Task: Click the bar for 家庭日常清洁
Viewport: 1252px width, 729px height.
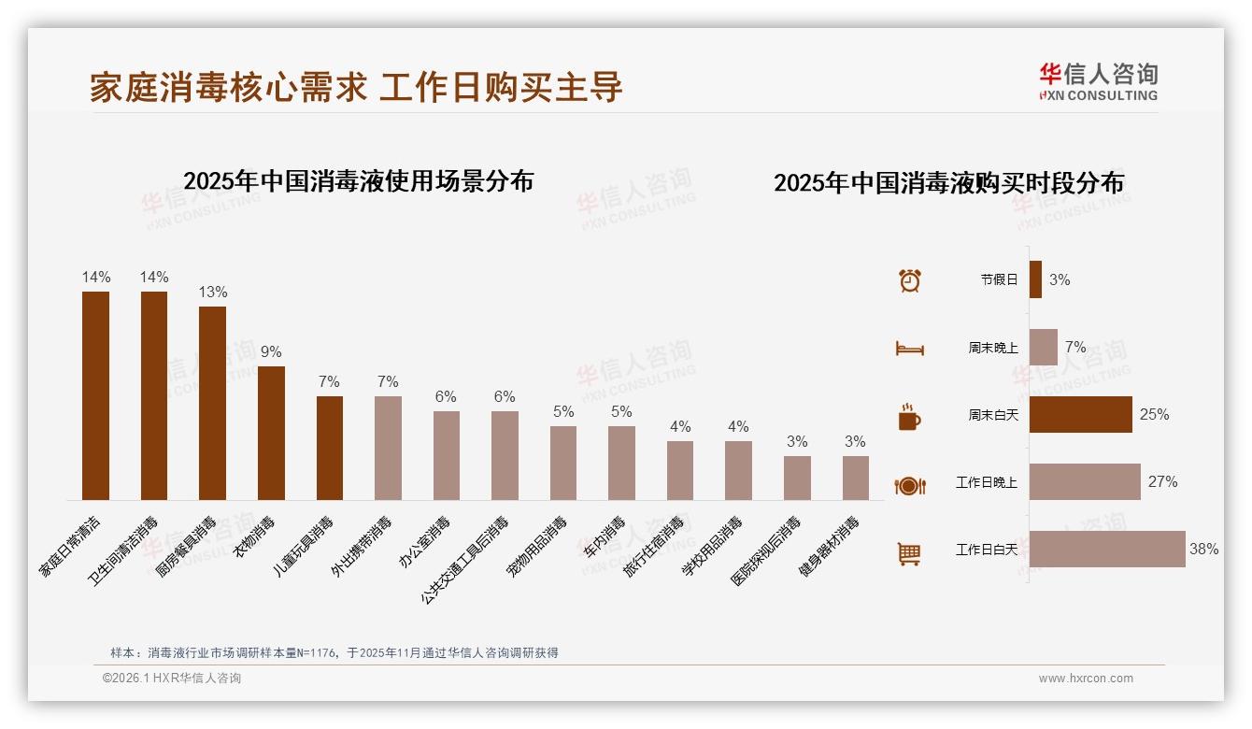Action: [x=95, y=395]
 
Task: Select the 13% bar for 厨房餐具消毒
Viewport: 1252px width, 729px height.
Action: [x=212, y=403]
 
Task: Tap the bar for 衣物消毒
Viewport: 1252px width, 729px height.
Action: [x=271, y=433]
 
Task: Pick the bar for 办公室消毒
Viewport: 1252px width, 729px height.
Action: [x=446, y=455]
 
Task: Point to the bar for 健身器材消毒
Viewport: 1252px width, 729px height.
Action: [x=855, y=478]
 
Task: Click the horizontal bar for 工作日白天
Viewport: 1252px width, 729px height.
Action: [x=1107, y=550]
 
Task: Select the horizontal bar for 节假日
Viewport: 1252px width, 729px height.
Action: [x=1035, y=279]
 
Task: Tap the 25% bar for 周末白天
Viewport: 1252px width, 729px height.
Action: [x=1080, y=414]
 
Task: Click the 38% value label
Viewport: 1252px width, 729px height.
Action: [x=1203, y=550]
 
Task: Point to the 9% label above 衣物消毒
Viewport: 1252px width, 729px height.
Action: [x=271, y=352]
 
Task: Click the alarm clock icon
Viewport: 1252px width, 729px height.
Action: [x=910, y=279]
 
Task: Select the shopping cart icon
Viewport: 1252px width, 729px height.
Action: [x=910, y=553]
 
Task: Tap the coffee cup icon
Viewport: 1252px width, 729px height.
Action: [x=909, y=417]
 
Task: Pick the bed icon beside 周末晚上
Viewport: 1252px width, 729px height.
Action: [x=910, y=349]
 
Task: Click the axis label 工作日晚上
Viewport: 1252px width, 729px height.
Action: [x=987, y=482]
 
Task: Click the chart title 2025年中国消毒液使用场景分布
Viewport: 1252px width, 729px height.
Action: [x=358, y=181]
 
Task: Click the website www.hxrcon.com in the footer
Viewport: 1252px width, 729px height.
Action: [x=1086, y=679]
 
